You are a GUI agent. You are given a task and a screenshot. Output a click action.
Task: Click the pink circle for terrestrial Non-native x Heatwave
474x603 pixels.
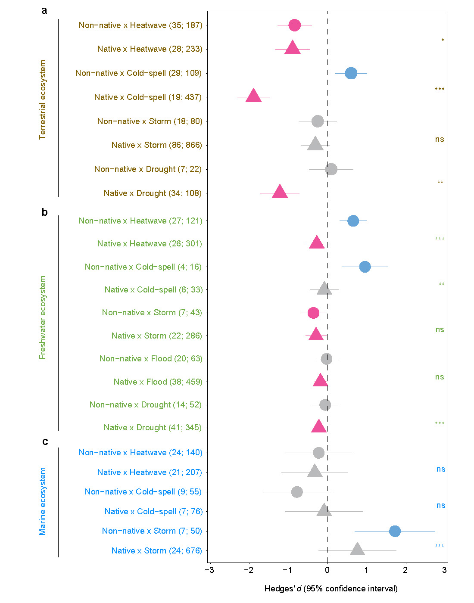[x=294, y=25]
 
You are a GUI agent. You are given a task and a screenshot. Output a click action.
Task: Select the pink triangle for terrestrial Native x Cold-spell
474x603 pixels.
[x=253, y=96]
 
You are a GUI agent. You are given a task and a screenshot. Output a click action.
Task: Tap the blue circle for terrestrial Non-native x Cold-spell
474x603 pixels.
[x=351, y=73]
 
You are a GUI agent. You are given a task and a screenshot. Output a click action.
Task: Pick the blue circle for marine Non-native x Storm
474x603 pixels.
[x=395, y=531]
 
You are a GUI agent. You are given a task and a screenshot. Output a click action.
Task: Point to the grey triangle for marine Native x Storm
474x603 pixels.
[x=357, y=550]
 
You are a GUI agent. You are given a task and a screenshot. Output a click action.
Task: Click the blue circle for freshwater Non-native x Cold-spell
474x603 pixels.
[x=365, y=267]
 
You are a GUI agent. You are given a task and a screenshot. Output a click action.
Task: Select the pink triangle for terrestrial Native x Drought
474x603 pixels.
[x=280, y=192]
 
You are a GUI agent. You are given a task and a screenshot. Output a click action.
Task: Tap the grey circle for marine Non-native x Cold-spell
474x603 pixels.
[x=297, y=492]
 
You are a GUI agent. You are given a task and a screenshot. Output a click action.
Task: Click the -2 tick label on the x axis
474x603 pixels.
[x=249, y=570]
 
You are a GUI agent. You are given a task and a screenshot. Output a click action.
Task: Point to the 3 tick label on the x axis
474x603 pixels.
[x=444, y=570]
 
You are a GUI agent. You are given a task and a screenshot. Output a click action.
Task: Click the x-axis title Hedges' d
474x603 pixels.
[x=331, y=589]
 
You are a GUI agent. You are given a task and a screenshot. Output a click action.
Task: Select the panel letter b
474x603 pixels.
[x=44, y=212]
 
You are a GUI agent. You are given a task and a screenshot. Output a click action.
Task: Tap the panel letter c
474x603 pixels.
[x=45, y=441]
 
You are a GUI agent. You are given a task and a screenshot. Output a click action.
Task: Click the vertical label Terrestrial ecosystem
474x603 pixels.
[x=42, y=100]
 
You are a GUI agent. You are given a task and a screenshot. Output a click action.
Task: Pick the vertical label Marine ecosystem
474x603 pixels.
[x=42, y=502]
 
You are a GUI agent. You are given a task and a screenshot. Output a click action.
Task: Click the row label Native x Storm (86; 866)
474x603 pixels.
[x=156, y=145]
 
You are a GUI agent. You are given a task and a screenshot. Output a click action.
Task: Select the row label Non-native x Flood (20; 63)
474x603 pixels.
[x=150, y=359]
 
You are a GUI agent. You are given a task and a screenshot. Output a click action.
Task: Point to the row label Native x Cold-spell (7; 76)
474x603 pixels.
[x=153, y=512]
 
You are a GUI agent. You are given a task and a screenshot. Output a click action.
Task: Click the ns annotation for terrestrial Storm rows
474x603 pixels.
[x=439, y=139]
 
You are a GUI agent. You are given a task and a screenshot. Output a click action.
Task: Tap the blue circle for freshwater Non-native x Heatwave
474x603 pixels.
[x=353, y=221]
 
